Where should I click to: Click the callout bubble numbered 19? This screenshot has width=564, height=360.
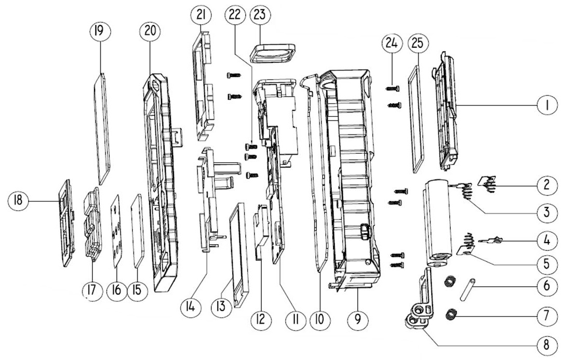coord(99,32)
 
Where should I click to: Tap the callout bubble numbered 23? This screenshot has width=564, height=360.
coord(260,15)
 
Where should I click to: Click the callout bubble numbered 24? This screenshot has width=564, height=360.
coord(392,44)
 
